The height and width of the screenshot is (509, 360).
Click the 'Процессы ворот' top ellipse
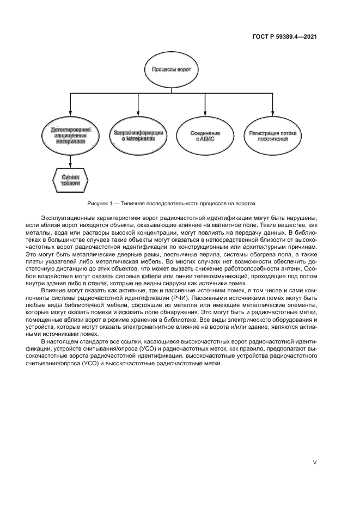click(171, 70)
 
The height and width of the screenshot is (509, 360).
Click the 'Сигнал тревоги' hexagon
click(70, 180)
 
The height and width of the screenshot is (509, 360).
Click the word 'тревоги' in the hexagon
click(70, 184)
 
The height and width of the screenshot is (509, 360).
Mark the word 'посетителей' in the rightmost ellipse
click(273, 139)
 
